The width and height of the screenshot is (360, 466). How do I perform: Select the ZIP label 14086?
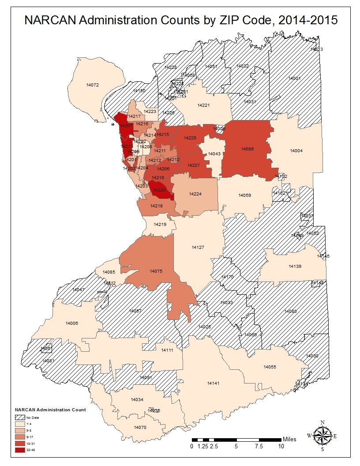[x=247, y=149]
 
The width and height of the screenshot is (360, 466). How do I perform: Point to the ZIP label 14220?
[x=158, y=190]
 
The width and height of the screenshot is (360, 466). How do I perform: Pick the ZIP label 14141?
[x=213, y=383]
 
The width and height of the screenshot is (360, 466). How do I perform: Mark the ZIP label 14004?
[x=296, y=151]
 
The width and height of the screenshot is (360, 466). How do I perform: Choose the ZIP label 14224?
[x=195, y=194]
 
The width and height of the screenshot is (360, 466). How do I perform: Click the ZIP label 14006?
[x=71, y=323]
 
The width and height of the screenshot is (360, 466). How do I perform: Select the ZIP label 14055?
[x=270, y=367]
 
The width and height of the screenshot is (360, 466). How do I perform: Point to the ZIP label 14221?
[x=203, y=105]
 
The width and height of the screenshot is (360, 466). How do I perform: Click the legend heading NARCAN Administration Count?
[x=50, y=410]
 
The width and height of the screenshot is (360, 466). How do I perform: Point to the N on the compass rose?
[x=322, y=422]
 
